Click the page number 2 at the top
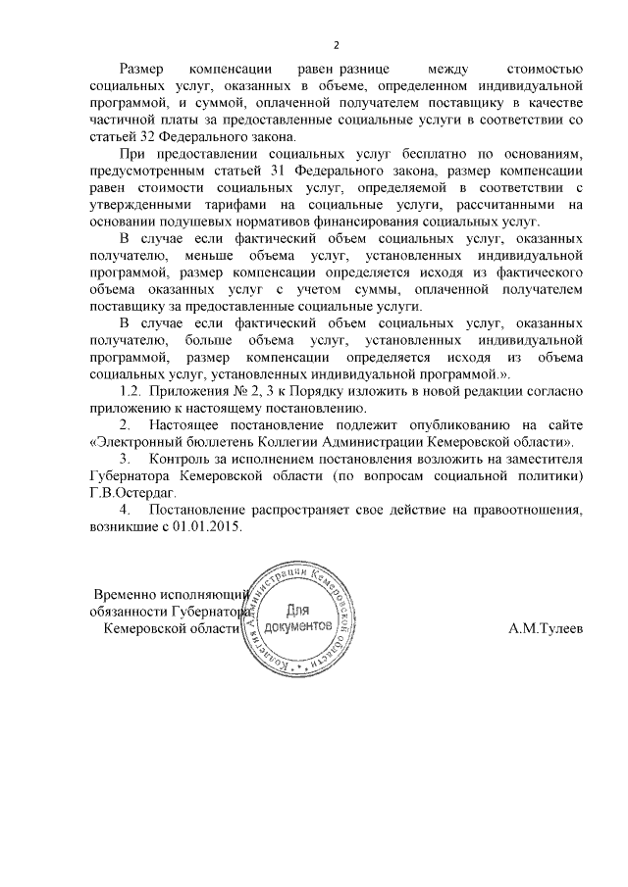337,45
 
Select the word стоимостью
544,70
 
